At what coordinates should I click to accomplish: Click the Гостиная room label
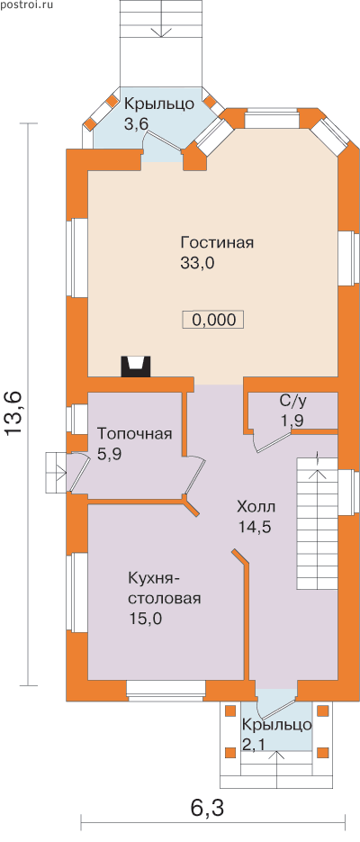217,243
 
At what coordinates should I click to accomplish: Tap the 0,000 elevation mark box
213,320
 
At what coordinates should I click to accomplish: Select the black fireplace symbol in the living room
136,366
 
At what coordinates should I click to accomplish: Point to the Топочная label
135,434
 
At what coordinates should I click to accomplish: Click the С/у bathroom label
292,401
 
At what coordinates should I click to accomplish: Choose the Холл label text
256,506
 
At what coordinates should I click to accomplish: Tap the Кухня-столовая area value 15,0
145,618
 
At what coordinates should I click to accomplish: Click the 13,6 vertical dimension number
13,413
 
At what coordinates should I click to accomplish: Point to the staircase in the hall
316,524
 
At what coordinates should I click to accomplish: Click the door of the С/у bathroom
270,441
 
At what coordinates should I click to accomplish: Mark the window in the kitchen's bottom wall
166,691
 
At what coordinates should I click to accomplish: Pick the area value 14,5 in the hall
255,527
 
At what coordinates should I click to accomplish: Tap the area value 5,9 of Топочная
111,454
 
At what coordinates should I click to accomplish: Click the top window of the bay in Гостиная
272,119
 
